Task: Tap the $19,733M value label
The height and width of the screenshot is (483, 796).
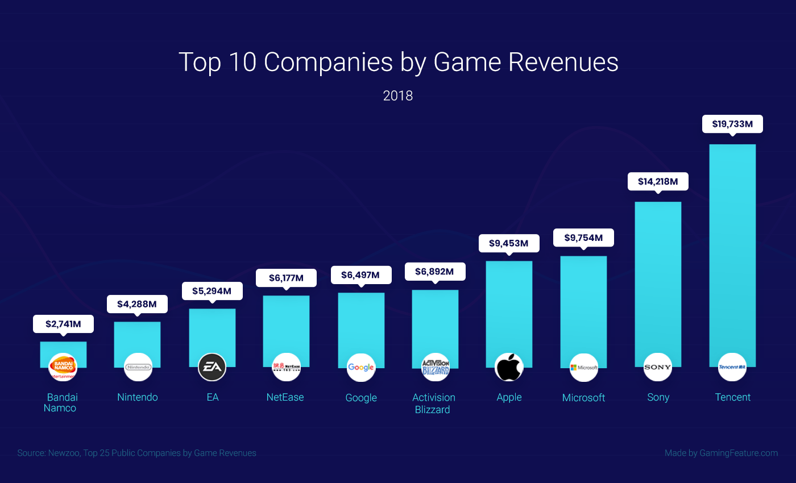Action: pos(732,124)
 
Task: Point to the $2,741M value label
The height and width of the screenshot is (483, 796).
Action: pos(63,324)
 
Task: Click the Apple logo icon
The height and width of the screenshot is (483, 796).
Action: pos(509,367)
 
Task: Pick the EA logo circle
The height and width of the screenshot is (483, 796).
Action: pos(212,367)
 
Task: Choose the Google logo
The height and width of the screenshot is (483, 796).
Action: pos(361,367)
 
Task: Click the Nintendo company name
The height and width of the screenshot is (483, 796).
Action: pos(138,397)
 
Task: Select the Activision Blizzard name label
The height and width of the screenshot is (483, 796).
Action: pos(433,403)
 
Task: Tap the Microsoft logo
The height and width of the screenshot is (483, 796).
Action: pos(584,367)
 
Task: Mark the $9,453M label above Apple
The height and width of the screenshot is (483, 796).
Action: pos(509,244)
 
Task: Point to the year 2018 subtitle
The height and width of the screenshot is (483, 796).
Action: pos(398,95)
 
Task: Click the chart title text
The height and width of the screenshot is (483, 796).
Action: pos(398,62)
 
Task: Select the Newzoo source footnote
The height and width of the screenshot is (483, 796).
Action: pos(137,453)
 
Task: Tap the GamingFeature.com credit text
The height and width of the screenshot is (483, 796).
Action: pos(721,453)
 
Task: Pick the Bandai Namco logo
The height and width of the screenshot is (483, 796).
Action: pos(63,367)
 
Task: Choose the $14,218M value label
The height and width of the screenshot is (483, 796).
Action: pos(658,181)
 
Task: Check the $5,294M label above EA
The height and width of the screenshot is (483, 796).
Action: pos(212,291)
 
